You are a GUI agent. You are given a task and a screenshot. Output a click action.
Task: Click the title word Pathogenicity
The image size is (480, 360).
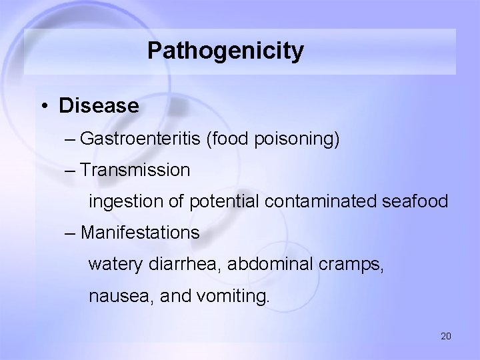(225, 51)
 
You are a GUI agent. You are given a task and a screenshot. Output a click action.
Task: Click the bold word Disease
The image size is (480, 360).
(99, 106)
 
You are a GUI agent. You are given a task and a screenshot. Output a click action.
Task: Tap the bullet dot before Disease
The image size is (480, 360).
(43, 106)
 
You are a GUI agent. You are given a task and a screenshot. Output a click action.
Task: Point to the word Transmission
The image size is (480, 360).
(135, 170)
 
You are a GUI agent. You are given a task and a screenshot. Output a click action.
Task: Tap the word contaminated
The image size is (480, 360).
(328, 201)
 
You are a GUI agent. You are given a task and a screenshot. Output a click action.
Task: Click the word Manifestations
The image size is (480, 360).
(140, 233)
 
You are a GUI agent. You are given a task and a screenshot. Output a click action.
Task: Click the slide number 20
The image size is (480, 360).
(446, 336)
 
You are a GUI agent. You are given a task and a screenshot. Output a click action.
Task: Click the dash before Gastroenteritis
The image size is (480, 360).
(71, 139)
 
